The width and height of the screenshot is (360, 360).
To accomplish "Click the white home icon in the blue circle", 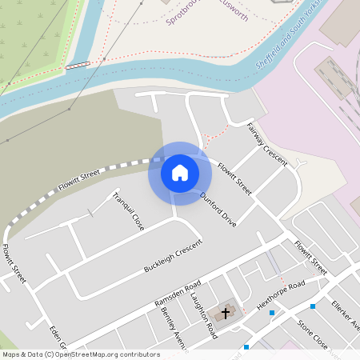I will (x=180, y=173).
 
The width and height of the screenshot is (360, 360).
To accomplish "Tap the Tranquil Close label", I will (x=128, y=211).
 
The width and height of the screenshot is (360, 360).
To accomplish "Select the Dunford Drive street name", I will (x=218, y=209).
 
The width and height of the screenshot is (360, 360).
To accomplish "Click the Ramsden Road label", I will (x=178, y=294).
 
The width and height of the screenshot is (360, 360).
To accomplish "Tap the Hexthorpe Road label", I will (x=280, y=295).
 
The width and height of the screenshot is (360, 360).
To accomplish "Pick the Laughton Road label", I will (x=204, y=314).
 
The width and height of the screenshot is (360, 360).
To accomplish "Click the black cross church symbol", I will (x=226, y=312).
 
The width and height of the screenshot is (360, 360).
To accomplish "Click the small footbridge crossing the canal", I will (x=78, y=66).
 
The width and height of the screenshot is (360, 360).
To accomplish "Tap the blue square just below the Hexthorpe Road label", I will (x=272, y=312).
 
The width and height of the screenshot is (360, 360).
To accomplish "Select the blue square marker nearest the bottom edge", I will (x=246, y=347).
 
